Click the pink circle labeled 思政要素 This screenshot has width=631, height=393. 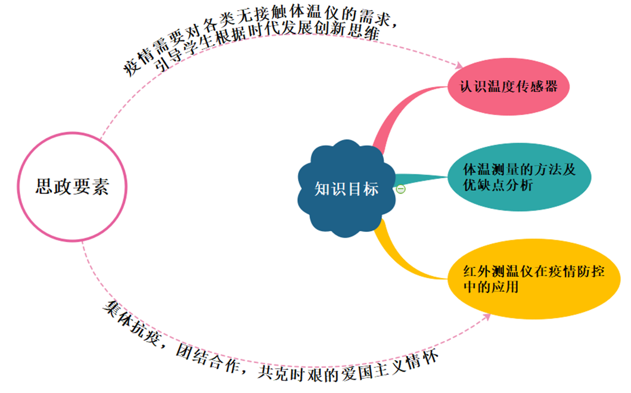[72, 186]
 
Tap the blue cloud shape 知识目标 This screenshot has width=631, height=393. [346, 188]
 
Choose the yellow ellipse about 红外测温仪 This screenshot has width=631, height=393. [533, 280]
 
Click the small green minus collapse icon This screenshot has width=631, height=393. [401, 189]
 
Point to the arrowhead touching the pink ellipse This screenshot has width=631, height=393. [459, 66]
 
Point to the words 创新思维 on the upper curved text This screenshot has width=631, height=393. [358, 36]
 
